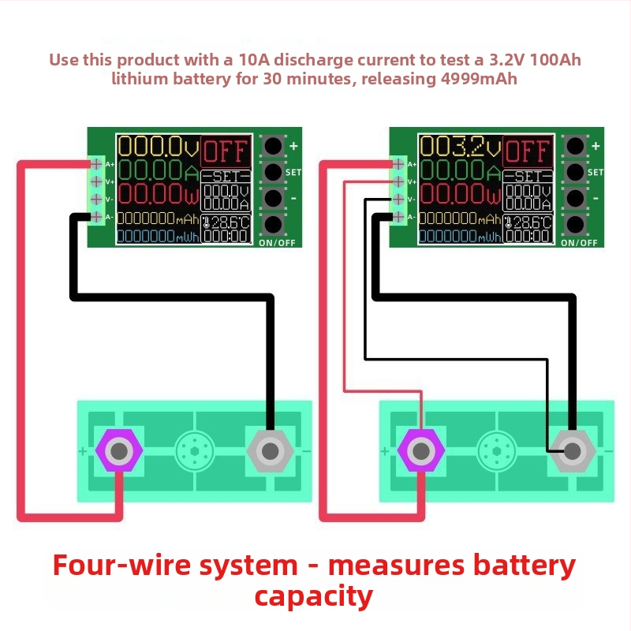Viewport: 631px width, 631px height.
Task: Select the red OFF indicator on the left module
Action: point(226,150)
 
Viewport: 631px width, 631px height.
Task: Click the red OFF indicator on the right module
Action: point(527,150)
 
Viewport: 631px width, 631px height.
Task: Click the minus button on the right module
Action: point(575,198)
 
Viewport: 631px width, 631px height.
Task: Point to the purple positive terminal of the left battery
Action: point(119,451)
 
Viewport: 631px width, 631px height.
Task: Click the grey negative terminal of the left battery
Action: point(270,451)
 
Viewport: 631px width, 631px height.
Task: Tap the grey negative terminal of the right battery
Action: point(572,451)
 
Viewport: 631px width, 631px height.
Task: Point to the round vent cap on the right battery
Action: point(496,451)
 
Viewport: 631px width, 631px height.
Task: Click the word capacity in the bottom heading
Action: point(314,596)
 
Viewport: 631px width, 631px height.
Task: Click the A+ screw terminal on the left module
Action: point(96,164)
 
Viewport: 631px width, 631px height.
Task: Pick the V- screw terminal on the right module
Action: point(398,200)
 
